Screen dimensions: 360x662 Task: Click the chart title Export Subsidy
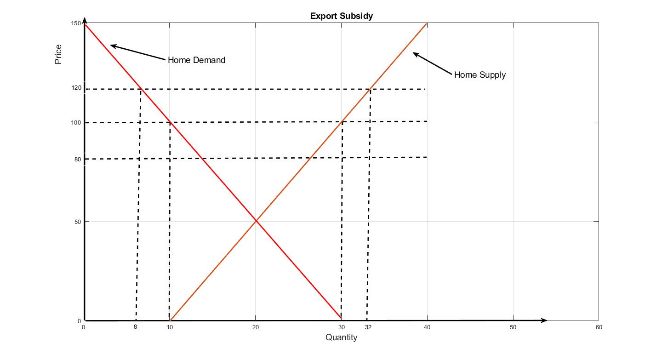[341, 16]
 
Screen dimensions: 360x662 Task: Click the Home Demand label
[196, 60]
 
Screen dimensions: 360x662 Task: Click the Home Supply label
[479, 75]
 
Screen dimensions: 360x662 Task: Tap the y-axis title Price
[58, 54]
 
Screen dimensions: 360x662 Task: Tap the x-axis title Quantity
[341, 337]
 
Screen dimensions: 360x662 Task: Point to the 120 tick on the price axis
[76, 87]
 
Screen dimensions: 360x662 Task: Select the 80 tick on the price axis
[78, 159]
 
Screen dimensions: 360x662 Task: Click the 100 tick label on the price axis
[76, 122]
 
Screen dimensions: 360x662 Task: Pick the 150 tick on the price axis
[76, 23]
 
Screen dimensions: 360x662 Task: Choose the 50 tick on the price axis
[78, 222]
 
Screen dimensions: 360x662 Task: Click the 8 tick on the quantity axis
[135, 327]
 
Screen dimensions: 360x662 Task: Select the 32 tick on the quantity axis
[368, 327]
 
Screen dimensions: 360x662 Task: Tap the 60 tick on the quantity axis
[599, 327]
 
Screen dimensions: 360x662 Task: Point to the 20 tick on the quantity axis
[256, 327]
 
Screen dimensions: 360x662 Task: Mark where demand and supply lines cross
[256, 221]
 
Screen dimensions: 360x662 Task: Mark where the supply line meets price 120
[370, 89]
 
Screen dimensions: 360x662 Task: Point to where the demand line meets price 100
[170, 122]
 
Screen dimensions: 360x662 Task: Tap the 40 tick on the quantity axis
[427, 327]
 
